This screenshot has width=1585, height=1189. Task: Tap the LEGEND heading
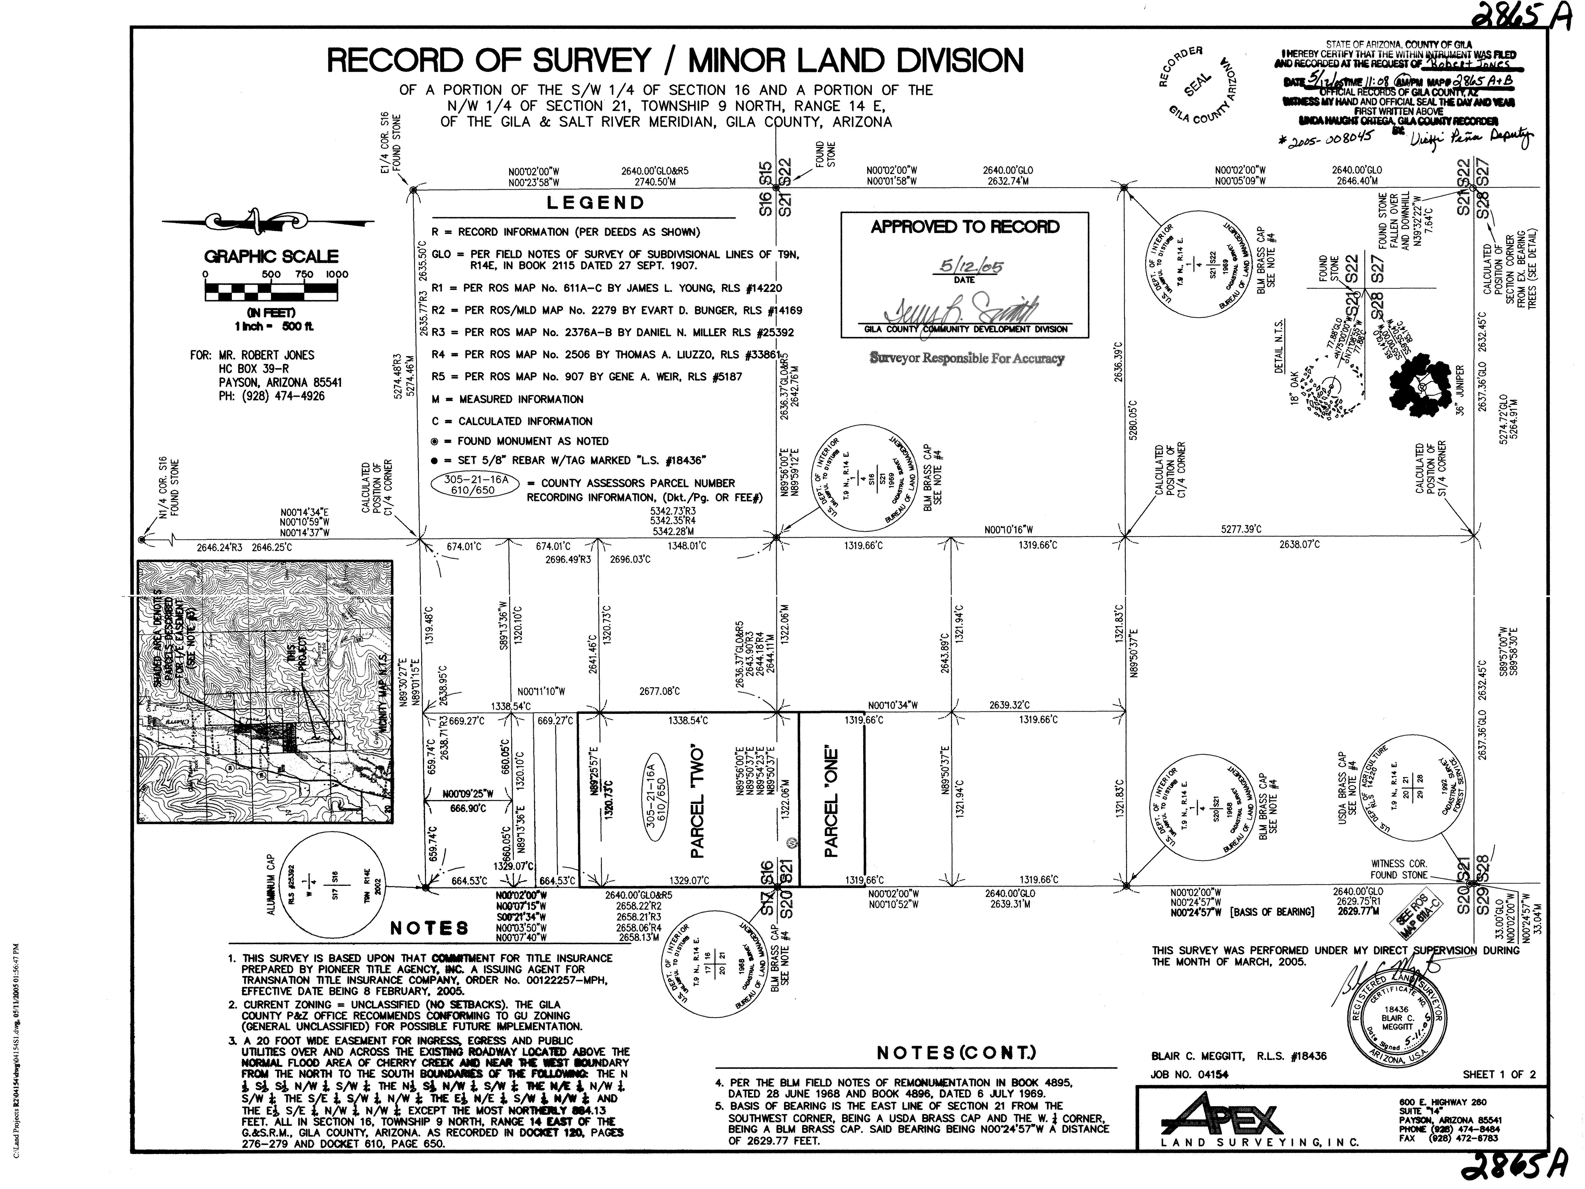pyautogui.click(x=596, y=203)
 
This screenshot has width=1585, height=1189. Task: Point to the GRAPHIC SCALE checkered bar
pyautogui.click(x=271, y=292)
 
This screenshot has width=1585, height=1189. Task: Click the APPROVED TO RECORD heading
pyautogui.click(x=965, y=227)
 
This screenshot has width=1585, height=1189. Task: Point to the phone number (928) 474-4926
pyautogui.click(x=271, y=396)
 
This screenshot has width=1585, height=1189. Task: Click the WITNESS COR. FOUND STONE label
pyautogui.click(x=1399, y=869)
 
